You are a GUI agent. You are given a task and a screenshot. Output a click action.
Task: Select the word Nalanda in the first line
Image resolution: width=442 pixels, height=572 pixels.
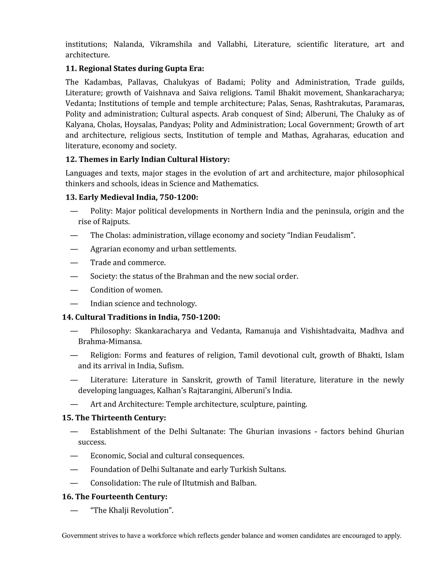(129, 44)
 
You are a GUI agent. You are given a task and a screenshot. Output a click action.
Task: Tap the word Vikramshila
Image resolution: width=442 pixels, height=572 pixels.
(171, 44)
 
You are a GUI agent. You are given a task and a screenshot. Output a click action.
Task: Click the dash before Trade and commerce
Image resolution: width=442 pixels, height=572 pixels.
(74, 263)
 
